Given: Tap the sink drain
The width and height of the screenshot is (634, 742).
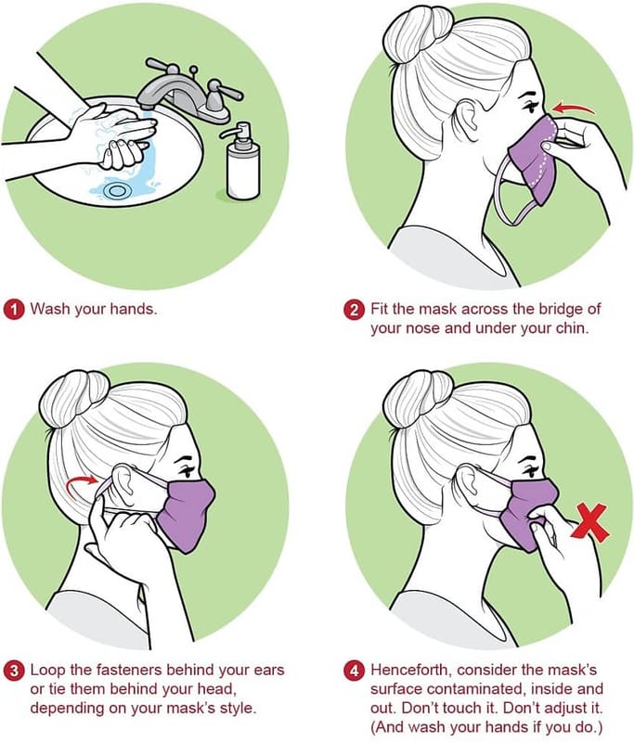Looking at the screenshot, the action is pyautogui.click(x=116, y=191).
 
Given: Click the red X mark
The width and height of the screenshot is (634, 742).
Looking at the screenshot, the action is pyautogui.click(x=590, y=523).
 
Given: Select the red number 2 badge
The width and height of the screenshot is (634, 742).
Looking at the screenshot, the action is pyautogui.click(x=354, y=310).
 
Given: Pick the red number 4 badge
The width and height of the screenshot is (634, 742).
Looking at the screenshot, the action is pyautogui.click(x=354, y=671).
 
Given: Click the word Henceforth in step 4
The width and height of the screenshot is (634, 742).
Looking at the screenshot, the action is pyautogui.click(x=411, y=670).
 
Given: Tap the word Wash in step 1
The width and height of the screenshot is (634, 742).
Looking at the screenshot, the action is pyautogui.click(x=51, y=309).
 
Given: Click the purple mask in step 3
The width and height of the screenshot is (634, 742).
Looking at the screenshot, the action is pyautogui.click(x=186, y=515).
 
